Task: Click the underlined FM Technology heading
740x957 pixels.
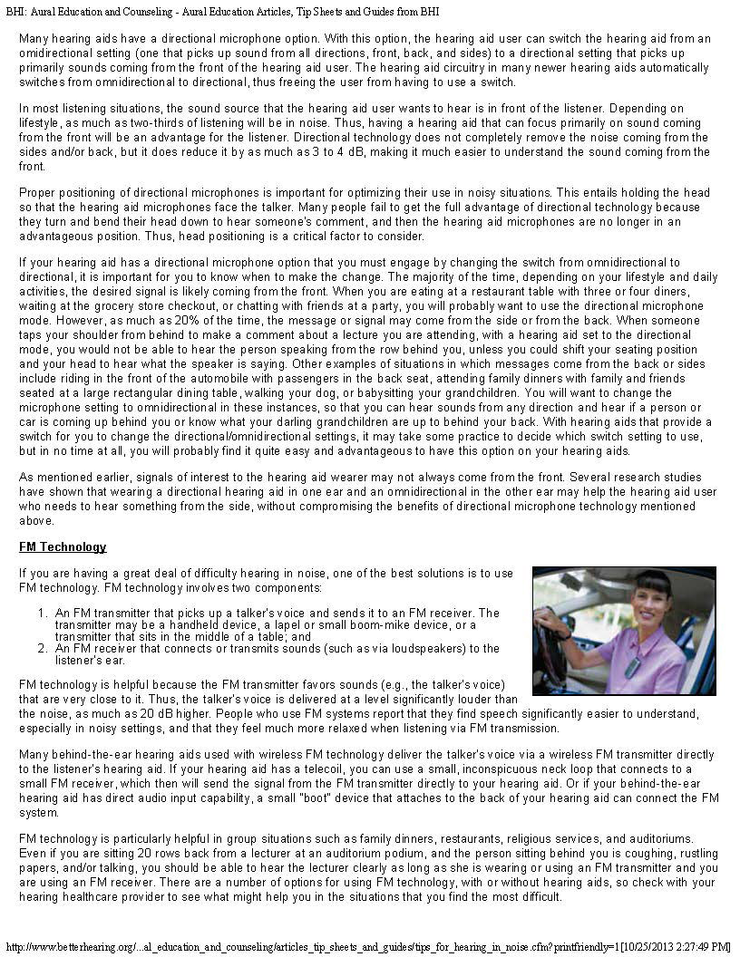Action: coord(63,547)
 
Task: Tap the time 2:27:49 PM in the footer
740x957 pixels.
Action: coord(694,946)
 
